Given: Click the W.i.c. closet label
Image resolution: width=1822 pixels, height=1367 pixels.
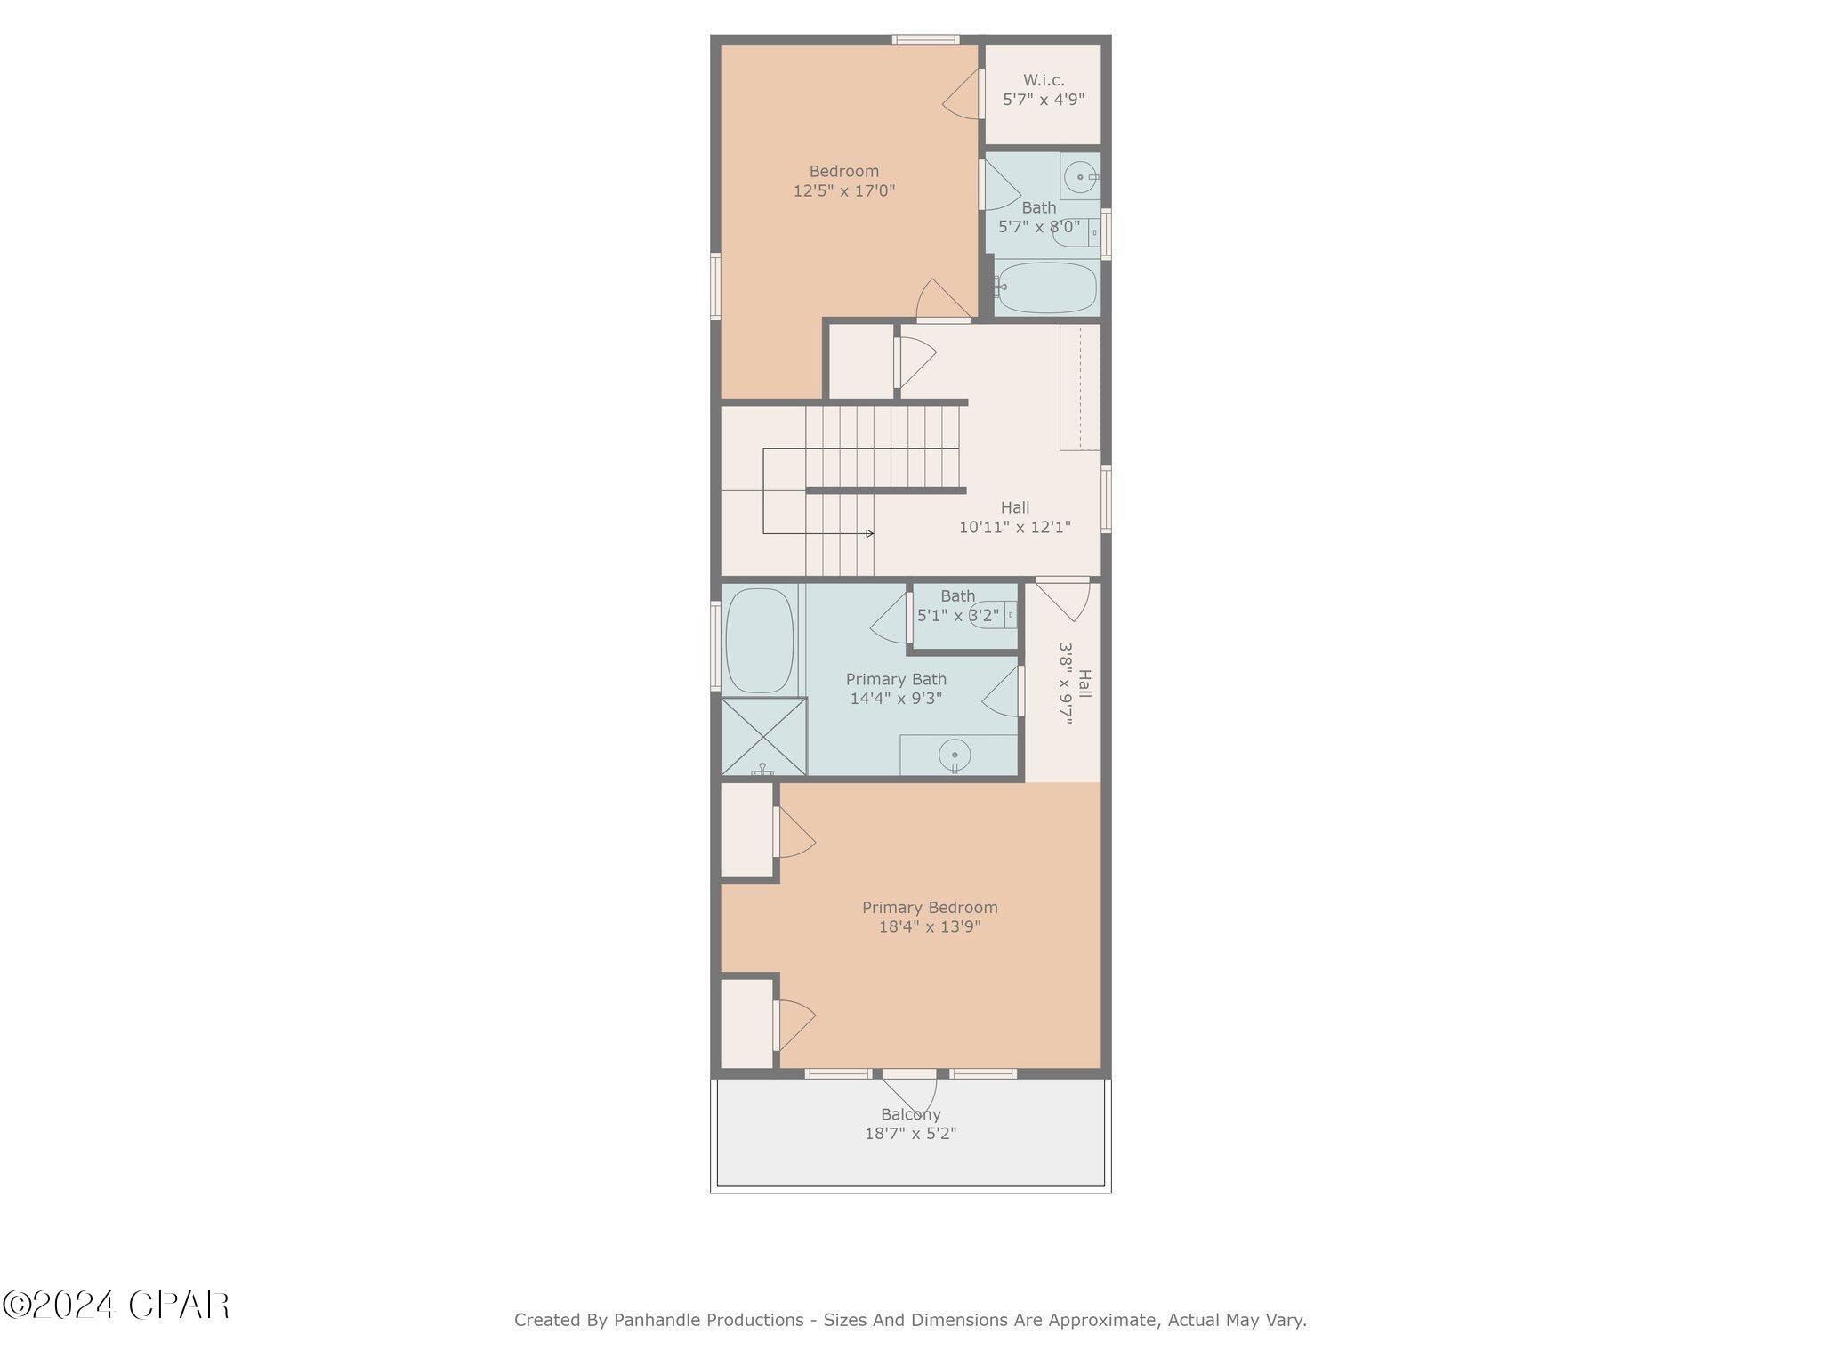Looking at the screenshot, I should [1044, 81].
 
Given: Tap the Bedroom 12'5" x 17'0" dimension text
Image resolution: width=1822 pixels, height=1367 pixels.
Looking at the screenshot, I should [843, 190].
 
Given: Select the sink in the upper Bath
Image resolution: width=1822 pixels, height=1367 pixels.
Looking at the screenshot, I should [1080, 177].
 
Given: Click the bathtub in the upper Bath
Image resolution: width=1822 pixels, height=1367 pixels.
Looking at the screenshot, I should [1046, 287].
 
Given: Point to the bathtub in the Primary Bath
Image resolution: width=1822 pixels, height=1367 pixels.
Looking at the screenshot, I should [759, 640].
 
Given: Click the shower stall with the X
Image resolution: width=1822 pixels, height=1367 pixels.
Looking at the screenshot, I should [763, 737].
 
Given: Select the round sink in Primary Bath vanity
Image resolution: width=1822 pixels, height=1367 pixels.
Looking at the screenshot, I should [955, 756].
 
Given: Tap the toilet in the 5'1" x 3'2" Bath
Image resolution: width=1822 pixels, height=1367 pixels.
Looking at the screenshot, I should [990, 615].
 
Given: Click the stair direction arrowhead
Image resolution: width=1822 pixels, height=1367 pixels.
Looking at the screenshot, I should [869, 533].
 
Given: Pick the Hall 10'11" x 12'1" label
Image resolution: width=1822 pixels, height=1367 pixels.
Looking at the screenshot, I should [1014, 517].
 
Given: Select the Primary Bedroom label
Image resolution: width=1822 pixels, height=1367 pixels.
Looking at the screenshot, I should [930, 908].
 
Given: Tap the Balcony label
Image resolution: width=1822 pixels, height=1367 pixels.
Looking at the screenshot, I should [910, 1114].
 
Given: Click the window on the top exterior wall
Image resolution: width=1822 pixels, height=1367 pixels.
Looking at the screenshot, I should [925, 39].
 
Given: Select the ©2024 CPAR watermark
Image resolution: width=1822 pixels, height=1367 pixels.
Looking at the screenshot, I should [116, 1306].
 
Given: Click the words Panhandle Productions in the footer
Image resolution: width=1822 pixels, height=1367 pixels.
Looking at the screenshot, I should [708, 1320].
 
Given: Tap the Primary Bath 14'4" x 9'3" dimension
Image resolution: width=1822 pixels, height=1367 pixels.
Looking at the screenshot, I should [896, 699].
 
